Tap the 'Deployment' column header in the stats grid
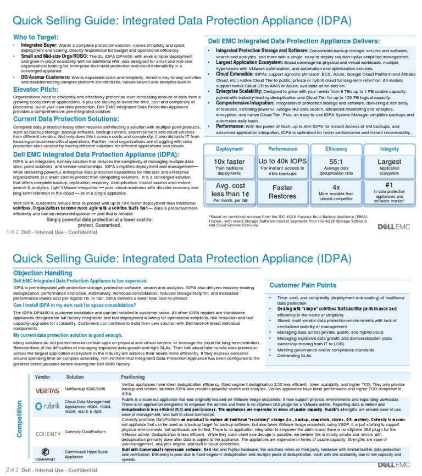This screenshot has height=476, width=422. pyautogui.click(x=229, y=149)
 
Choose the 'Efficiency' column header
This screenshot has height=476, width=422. pyautogui.click(x=336, y=149)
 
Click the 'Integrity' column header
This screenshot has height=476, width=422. pyautogui.click(x=390, y=149)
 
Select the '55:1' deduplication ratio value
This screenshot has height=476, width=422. pyautogui.click(x=336, y=162)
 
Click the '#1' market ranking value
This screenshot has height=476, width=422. pyautogui.click(x=390, y=185)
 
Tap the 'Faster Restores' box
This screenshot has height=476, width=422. pyautogui.click(x=282, y=192)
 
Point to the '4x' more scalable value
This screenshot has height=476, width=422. pyautogui.click(x=336, y=187)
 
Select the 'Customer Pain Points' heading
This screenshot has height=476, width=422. pyautogui.click(x=303, y=285)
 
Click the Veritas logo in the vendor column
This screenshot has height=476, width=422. pyautogui.click(x=47, y=390)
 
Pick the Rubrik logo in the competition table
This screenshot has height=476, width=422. pyautogui.click(x=47, y=407)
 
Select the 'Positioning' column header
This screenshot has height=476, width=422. pyautogui.click(x=133, y=377)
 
